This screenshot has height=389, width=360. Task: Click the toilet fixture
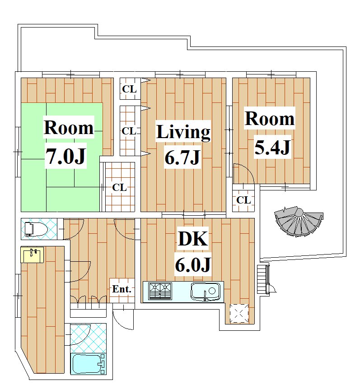pyautogui.click(x=36, y=229)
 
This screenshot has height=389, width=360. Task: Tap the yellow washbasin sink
pyautogui.click(x=32, y=255)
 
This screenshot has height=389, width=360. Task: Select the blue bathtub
pyautogui.click(x=89, y=364)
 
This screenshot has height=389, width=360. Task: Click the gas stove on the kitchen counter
pyautogui.click(x=160, y=291)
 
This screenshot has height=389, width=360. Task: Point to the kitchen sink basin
pyautogui.click(x=205, y=292)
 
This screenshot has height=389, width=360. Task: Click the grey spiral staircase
pyautogui.click(x=299, y=221)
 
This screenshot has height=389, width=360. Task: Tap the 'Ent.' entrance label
pyautogui.click(x=122, y=289)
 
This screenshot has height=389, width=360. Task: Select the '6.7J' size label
pyautogui.click(x=182, y=157)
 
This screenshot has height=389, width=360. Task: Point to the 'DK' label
pyautogui.click(x=193, y=239)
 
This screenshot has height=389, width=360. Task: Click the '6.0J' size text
pyautogui.click(x=193, y=265)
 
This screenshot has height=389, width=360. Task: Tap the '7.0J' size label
pyautogui.click(x=66, y=156)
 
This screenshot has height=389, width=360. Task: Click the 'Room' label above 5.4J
pyautogui.click(x=270, y=119)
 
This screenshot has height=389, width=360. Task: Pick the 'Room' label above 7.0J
pyautogui.click(x=69, y=128)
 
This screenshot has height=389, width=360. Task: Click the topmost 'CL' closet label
pyautogui.click(x=129, y=89)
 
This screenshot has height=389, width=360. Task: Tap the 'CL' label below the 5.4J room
pyautogui.click(x=243, y=200)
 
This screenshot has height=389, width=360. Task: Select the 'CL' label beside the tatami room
pyautogui.click(x=119, y=188)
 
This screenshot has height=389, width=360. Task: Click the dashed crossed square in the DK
pyautogui.click(x=239, y=313)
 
